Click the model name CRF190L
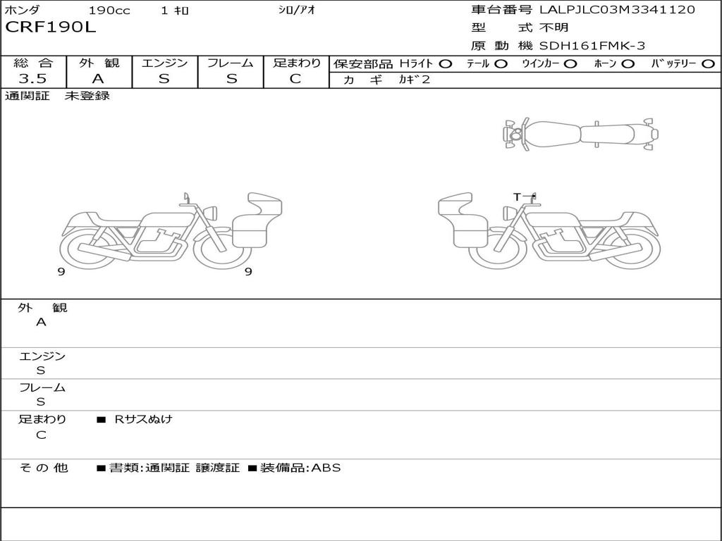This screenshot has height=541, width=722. click(x=50, y=27)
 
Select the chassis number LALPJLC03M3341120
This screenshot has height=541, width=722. click(x=617, y=10)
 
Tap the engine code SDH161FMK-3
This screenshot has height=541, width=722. click(x=592, y=46)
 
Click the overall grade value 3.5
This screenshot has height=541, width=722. click(x=32, y=79)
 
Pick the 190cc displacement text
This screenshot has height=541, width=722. click(x=109, y=10)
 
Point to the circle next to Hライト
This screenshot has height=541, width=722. click(x=446, y=64)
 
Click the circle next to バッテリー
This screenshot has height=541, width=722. click(x=708, y=64)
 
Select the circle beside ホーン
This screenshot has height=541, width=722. click(x=628, y=64)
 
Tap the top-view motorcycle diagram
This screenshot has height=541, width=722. click(x=580, y=134)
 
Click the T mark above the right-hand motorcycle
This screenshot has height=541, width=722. click(x=517, y=197)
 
